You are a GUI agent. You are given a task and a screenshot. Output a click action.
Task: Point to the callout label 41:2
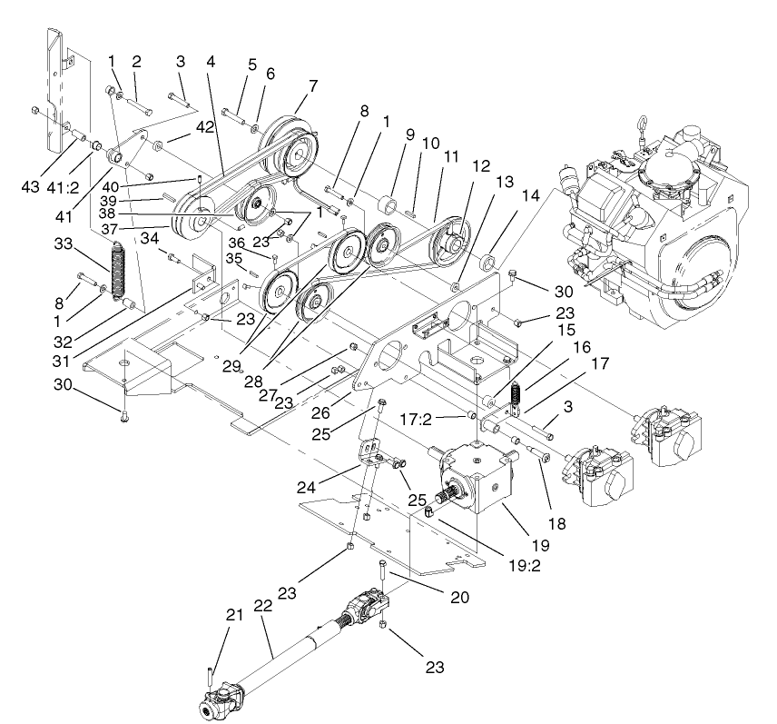point(62,188)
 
